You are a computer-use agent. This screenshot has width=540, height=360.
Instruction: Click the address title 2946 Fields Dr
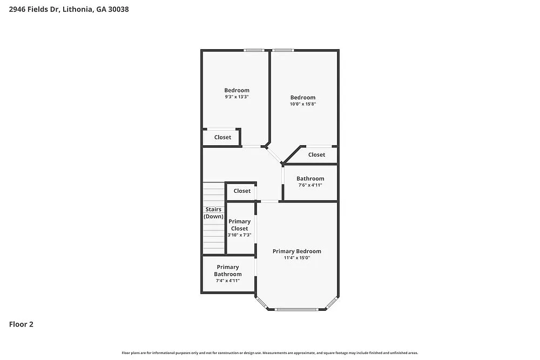click(x=69, y=9)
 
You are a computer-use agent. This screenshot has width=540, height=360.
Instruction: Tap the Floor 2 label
click(x=21, y=324)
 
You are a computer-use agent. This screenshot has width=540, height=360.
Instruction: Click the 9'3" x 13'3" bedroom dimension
click(x=237, y=97)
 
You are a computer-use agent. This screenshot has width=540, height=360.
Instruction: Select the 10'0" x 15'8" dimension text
click(x=302, y=104)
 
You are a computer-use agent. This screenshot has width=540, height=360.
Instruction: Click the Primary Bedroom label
click(x=296, y=251)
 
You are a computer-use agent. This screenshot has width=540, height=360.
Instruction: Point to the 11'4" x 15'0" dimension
click(x=296, y=258)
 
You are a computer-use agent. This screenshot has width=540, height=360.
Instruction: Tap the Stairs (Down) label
click(x=213, y=213)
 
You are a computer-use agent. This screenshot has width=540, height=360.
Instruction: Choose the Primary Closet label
click(x=239, y=225)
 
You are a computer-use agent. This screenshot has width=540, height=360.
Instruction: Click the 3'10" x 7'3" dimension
click(x=239, y=235)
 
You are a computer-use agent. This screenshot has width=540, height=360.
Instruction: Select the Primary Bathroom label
click(x=228, y=270)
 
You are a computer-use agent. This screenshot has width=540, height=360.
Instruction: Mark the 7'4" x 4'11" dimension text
click(x=228, y=281)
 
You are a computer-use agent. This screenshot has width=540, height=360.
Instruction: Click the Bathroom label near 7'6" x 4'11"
click(x=310, y=179)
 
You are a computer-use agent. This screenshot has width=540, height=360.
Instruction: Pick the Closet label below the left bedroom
click(x=222, y=137)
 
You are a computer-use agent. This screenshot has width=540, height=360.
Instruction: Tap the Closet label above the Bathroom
click(x=316, y=155)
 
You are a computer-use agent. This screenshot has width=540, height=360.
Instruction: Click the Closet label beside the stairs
click(x=242, y=191)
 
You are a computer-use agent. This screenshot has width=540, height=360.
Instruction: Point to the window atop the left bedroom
click(x=253, y=51)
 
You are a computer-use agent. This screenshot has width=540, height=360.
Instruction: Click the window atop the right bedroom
click(x=282, y=51)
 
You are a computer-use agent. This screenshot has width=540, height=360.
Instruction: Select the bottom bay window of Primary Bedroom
click(x=296, y=309)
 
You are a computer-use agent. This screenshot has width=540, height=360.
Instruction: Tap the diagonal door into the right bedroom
click(x=274, y=155)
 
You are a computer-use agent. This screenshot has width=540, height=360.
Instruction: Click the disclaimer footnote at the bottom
click(x=269, y=352)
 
